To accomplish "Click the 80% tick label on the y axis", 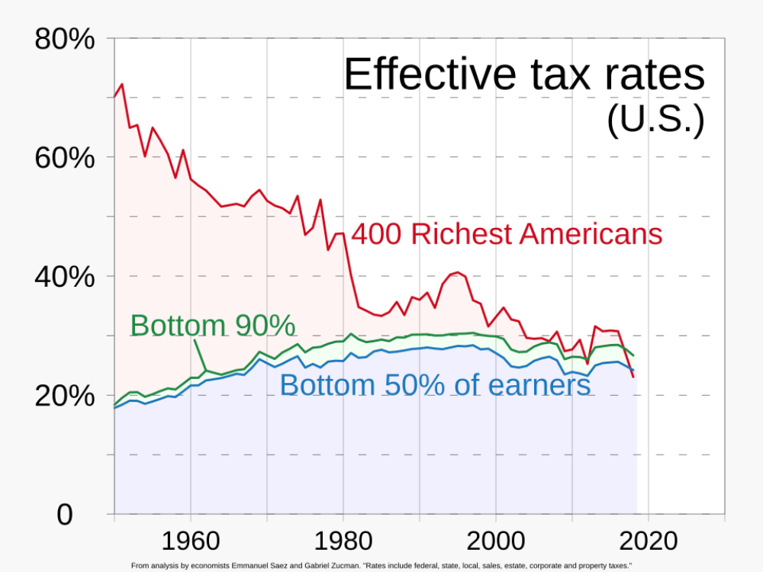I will click(x=65, y=39).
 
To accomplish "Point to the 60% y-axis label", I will click(x=65, y=159).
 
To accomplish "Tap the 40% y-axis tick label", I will click(x=65, y=278).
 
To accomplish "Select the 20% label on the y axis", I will click(x=65, y=397).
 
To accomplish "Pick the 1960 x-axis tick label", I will click(x=190, y=541).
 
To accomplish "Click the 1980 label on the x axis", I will click(x=343, y=541).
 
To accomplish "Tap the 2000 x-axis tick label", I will click(x=495, y=541).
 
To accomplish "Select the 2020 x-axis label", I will click(x=648, y=541).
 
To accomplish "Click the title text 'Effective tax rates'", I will click(x=523, y=75).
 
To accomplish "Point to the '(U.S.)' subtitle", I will click(x=655, y=120).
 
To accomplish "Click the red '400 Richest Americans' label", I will click(x=506, y=234).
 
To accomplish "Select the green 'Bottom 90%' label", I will click(x=212, y=326).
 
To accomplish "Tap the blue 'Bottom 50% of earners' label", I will click(x=435, y=385).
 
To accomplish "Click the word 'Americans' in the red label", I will click(x=591, y=234).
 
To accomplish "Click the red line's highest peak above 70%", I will click(x=121, y=84).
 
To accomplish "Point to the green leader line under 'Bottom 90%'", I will click(x=199, y=354).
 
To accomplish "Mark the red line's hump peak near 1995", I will click(x=457, y=272).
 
